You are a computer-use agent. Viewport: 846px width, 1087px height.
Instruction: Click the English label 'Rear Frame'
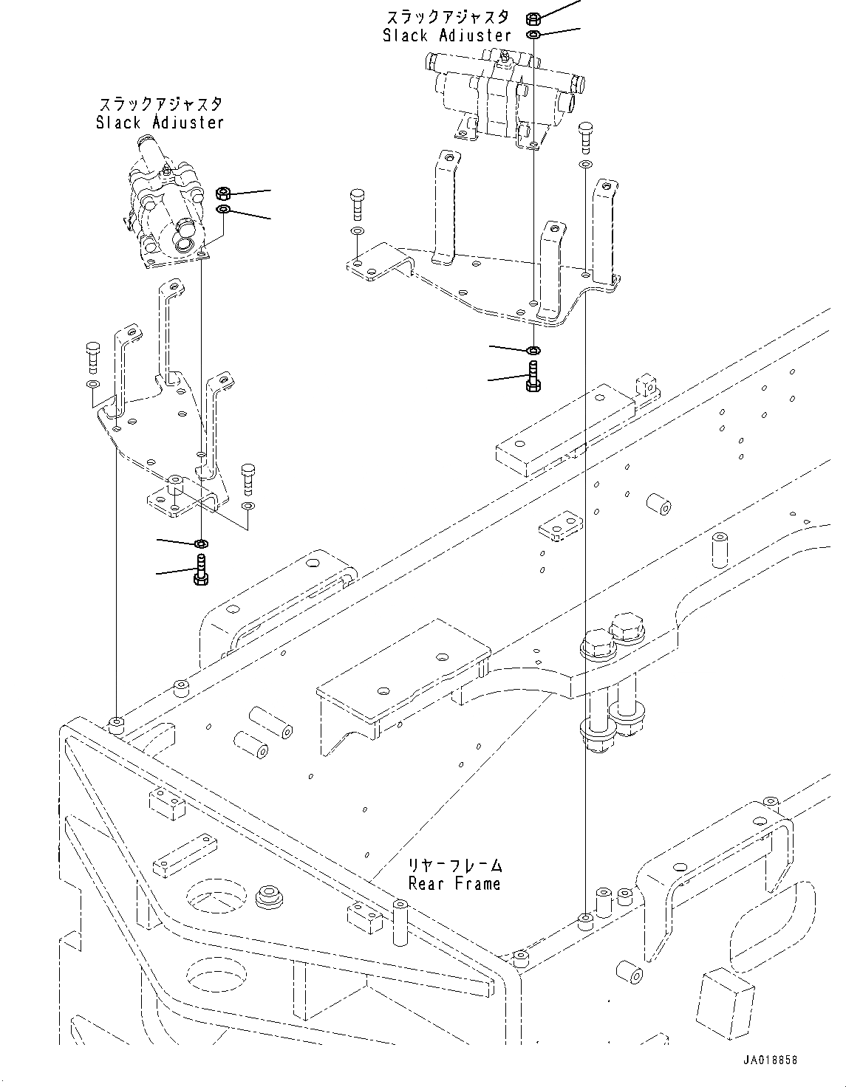[454, 882]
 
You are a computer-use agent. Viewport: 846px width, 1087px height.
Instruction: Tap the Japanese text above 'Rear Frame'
[455, 864]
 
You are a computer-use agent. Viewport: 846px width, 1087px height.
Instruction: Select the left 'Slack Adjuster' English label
[160, 123]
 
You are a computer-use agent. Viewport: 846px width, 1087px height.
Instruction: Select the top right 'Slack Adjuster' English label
[446, 35]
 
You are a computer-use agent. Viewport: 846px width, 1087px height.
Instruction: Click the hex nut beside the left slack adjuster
[224, 194]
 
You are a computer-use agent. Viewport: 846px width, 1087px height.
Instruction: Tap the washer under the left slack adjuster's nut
[224, 210]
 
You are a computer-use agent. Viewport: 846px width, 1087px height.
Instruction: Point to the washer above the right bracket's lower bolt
[533, 349]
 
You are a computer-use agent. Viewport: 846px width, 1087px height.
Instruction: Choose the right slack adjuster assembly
[502, 92]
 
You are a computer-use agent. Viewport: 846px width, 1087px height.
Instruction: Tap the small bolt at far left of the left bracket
[92, 357]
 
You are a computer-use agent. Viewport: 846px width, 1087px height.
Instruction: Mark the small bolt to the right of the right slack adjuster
[584, 135]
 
